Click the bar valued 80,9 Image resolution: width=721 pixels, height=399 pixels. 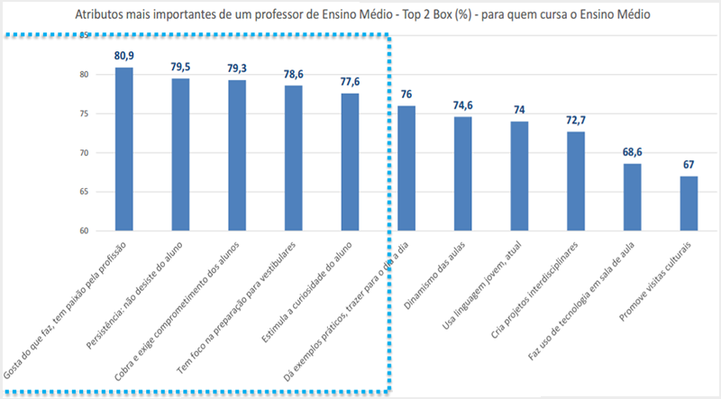point(124,149)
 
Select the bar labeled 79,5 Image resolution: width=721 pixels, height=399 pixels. point(180,154)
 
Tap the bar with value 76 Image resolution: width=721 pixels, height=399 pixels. point(406,168)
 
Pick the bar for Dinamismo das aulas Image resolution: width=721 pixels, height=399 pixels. point(463,173)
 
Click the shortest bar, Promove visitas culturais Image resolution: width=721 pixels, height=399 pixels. point(689,203)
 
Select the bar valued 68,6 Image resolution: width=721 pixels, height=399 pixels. point(633,196)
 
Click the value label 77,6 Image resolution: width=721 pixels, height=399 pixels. point(350,82)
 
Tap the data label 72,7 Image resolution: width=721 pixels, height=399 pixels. point(576,121)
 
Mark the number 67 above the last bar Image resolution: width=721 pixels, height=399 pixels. point(689,165)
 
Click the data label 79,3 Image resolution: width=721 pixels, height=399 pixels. point(237,68)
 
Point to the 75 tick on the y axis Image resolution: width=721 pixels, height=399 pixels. point(84,113)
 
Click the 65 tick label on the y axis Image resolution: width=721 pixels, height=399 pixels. point(84,192)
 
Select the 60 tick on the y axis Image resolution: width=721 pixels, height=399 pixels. point(84,231)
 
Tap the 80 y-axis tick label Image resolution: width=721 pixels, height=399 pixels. point(84,75)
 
